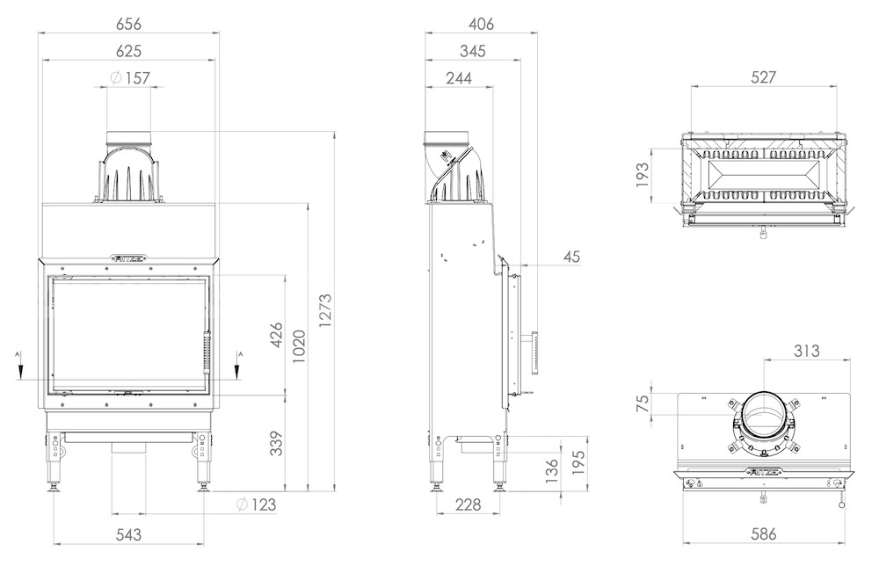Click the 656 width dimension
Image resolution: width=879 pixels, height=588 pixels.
128,24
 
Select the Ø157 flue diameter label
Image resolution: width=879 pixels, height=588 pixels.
130,78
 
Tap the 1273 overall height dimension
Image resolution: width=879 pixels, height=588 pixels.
325,310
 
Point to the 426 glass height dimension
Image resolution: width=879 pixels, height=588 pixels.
276,335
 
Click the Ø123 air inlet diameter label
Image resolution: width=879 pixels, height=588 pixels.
256,505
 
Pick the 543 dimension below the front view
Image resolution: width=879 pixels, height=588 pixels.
128,534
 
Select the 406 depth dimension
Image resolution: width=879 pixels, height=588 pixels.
481,24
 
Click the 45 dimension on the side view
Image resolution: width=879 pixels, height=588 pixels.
571,257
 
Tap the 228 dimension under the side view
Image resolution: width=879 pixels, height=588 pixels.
468,505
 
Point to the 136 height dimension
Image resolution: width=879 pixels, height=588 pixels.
552,471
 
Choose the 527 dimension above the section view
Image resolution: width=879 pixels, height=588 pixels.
763,77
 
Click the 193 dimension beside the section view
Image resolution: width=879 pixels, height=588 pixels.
643,175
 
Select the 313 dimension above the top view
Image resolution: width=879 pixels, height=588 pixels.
807,351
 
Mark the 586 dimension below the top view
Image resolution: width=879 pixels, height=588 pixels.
763,534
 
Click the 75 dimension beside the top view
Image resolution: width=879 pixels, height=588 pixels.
643,402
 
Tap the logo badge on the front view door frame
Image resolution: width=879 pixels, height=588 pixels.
129,258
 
